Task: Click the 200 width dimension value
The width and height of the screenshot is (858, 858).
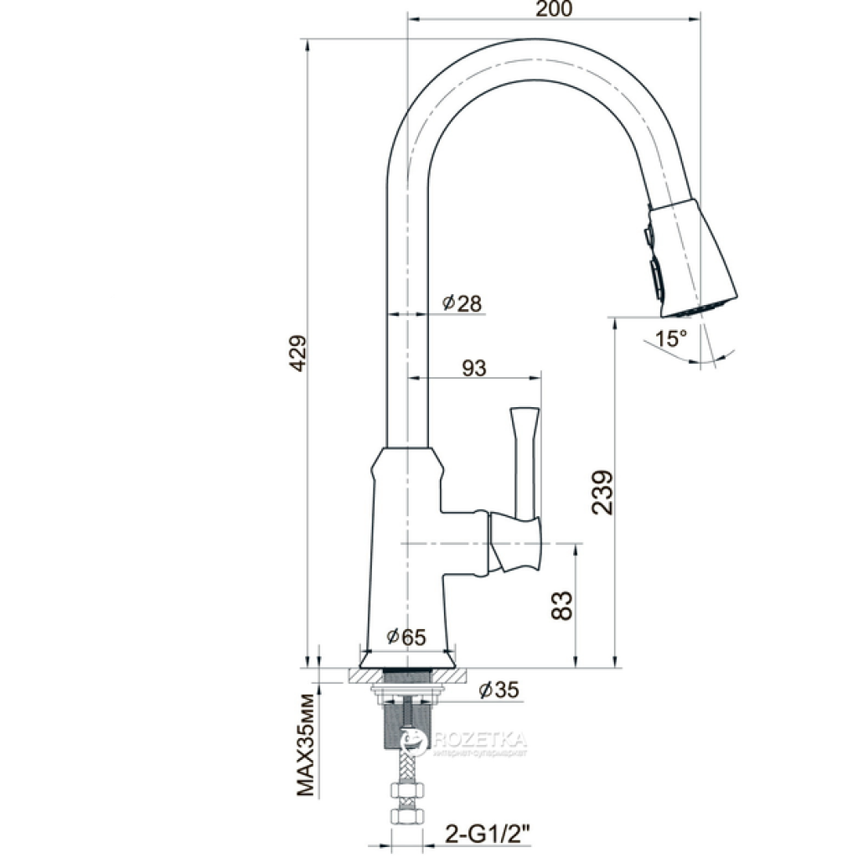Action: (554, 8)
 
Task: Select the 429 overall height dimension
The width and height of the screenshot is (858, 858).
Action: (297, 353)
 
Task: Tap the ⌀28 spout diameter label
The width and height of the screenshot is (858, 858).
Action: (463, 302)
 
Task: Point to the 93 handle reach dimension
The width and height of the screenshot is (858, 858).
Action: (474, 369)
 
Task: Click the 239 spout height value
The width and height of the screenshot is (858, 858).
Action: (602, 492)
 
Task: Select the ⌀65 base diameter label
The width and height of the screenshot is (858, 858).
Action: (406, 637)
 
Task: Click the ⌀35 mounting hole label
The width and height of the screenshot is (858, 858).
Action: (499, 690)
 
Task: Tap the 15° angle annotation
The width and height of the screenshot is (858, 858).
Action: (671, 339)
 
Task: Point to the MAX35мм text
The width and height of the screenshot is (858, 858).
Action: (306, 745)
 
